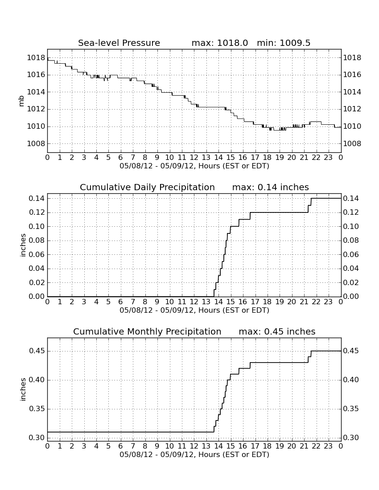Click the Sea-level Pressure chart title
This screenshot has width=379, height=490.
[119, 43]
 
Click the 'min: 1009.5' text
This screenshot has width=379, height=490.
[284, 43]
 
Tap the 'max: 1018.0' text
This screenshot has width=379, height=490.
[219, 43]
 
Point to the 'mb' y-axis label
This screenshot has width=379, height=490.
[21, 101]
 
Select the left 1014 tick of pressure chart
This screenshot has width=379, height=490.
[36, 92]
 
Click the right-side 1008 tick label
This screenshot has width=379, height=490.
[352, 144]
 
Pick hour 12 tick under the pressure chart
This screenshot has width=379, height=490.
[194, 157]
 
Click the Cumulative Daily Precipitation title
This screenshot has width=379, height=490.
[147, 187]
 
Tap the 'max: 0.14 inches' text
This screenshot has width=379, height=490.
[271, 187]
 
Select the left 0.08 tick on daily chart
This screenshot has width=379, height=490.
[37, 240]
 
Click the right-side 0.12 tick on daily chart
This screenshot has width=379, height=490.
[351, 212]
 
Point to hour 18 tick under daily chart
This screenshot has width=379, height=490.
[268, 302]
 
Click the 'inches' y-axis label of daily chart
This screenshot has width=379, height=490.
[22, 245]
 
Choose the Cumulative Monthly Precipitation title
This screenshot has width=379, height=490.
[147, 331]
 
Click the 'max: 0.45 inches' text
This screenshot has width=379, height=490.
[277, 331]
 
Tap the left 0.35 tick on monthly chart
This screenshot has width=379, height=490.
[37, 409]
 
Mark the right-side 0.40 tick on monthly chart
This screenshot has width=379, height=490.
[351, 380]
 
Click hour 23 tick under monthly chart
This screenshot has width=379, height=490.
[328, 446]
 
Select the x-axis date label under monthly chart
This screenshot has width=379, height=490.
[194, 454]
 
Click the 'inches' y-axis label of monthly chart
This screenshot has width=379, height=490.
[22, 389]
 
